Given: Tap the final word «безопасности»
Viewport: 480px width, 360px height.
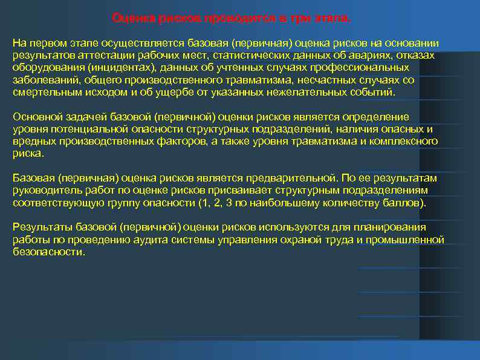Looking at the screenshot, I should [x=48, y=252].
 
